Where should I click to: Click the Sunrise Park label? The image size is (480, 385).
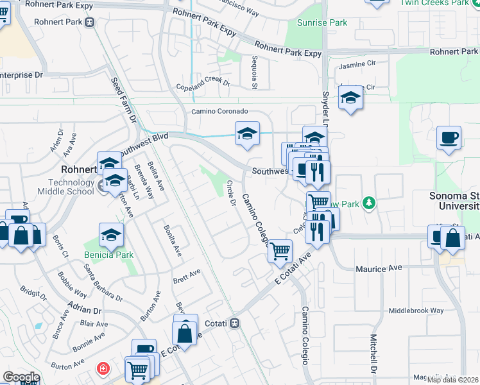pyautogui.click(x=322, y=22)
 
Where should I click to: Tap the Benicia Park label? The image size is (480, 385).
pyautogui.click(x=108, y=255)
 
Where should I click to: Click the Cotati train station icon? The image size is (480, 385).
pyautogui.click(x=235, y=323)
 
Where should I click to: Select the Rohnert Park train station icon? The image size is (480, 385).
pyautogui.click(x=90, y=22)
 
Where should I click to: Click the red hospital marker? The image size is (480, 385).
pyautogui.click(x=102, y=368)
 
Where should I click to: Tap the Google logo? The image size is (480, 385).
pyautogui.click(x=21, y=377)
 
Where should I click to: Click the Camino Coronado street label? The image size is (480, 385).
pyautogui.click(x=219, y=111)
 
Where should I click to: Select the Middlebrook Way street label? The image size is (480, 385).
pyautogui.click(x=416, y=311)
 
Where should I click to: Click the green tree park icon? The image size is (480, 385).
pyautogui.click(x=368, y=204)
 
